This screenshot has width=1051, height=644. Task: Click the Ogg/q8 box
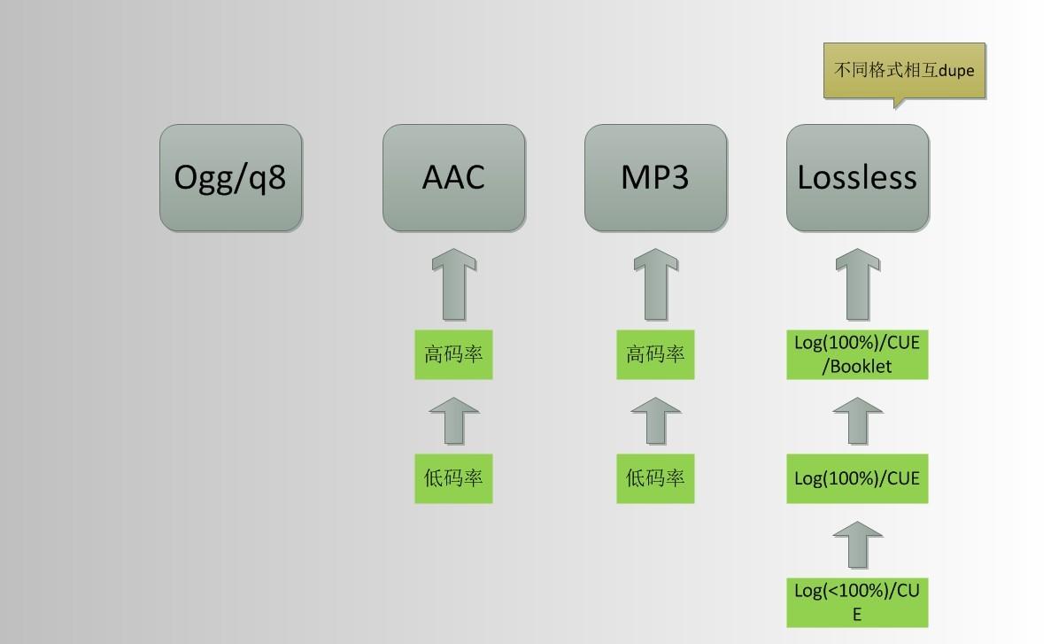tap(231, 178)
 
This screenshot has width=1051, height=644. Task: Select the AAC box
tap(453, 178)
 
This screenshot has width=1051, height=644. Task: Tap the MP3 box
tap(655, 178)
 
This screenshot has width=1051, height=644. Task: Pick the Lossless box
tap(857, 178)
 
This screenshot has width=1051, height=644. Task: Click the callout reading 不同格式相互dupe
tap(904, 70)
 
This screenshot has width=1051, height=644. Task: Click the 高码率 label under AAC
tap(453, 354)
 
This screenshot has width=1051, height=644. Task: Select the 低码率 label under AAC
tap(453, 478)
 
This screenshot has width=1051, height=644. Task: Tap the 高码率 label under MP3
tap(655, 354)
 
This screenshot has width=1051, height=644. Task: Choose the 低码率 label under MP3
tap(655, 478)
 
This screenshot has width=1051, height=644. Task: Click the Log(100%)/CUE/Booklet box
tap(857, 354)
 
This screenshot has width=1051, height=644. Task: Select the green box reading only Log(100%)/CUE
tap(857, 478)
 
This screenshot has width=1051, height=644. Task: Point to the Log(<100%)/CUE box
tap(857, 602)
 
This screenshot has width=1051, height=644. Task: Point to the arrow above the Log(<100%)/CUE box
tap(857, 544)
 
